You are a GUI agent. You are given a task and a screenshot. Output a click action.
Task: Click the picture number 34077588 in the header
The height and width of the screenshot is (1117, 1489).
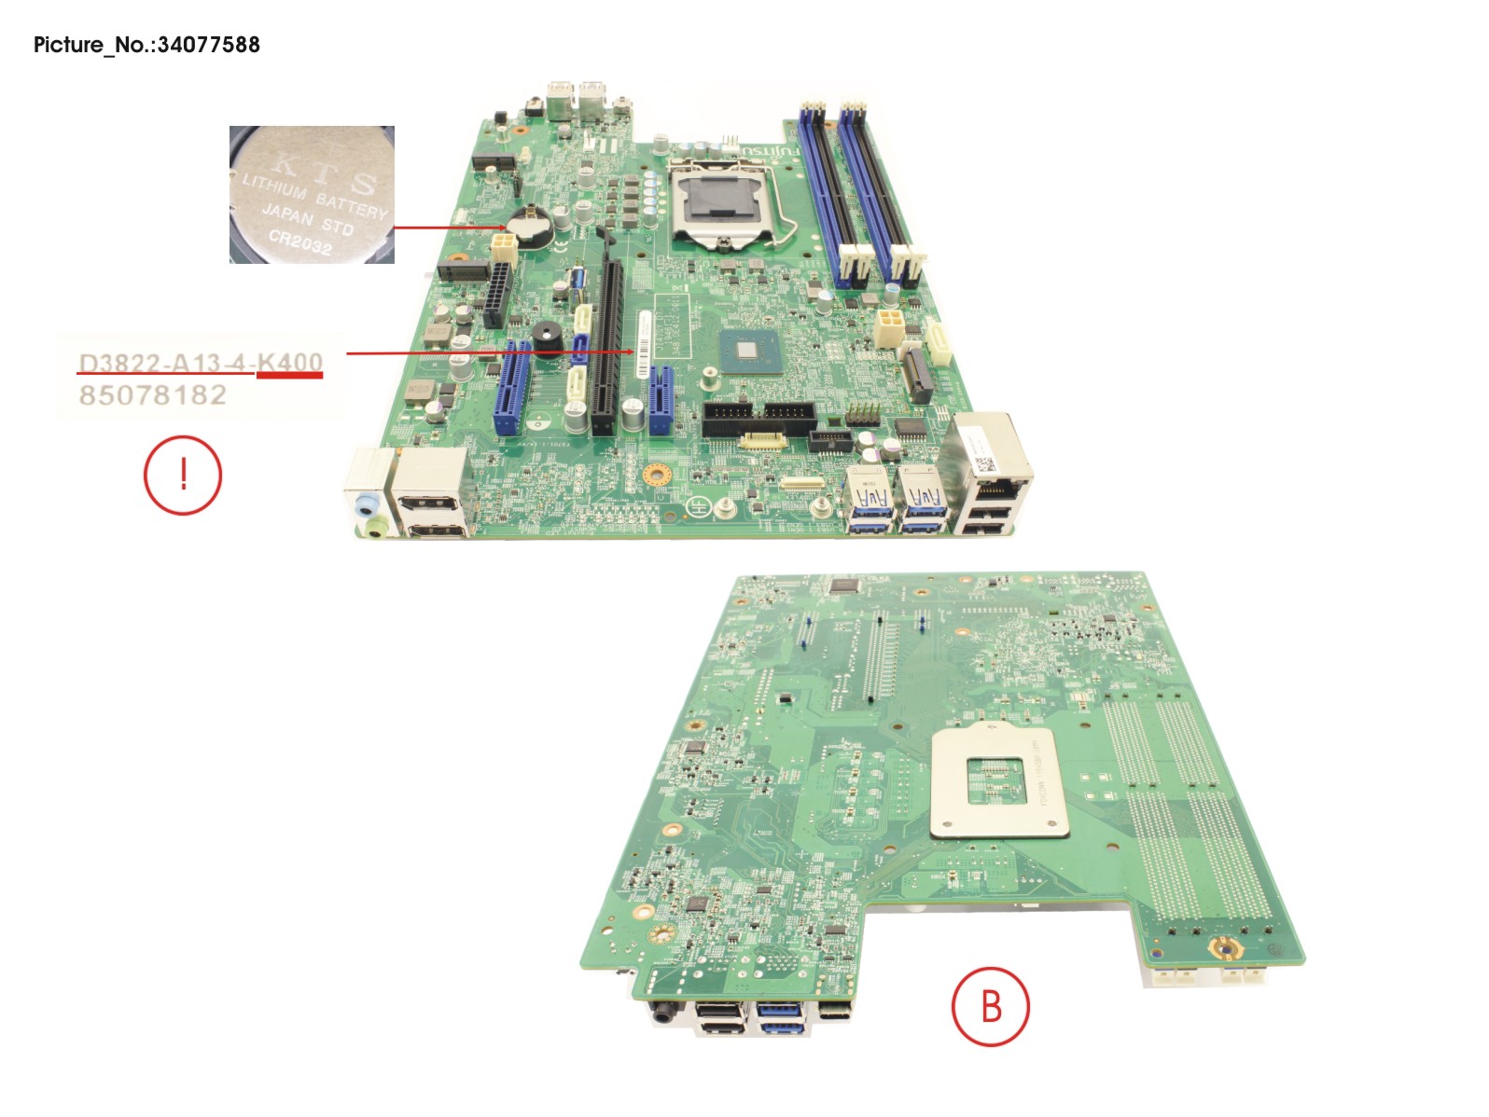tap(208, 44)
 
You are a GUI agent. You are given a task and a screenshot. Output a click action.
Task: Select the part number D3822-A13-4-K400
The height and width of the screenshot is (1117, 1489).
tap(201, 363)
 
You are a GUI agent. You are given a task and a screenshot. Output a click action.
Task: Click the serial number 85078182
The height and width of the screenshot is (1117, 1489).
tap(153, 395)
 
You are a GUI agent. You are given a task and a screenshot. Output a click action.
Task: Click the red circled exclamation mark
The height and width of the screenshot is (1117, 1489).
tap(183, 475)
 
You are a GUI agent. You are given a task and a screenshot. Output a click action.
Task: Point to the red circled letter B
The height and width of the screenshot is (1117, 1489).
tap(990, 1006)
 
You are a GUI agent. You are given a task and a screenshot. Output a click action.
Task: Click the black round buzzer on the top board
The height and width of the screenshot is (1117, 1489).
tap(546, 338)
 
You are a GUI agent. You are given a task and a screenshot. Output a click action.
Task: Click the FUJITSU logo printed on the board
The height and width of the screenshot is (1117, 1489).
tap(771, 149)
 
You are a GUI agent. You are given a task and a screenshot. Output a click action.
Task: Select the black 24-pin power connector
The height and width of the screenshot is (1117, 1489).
tap(497, 294)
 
